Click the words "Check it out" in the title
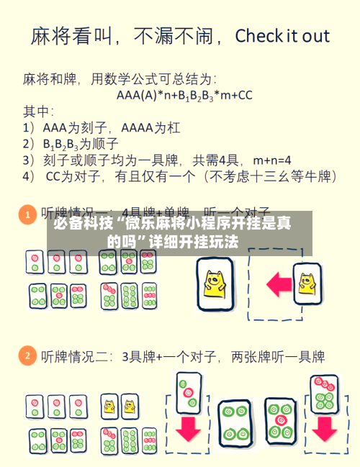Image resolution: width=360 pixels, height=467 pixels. tap(282, 36)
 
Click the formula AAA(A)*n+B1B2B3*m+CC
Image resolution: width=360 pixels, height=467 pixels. tap(184, 95)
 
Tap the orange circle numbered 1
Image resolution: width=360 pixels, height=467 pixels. tap(27, 214)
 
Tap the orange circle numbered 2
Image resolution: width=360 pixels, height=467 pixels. tap(27, 355)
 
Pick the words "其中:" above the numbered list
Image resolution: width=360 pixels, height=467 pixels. tap(37, 112)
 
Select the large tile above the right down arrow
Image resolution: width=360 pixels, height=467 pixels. tap(324, 394)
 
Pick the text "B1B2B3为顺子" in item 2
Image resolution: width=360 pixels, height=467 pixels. tap(74, 143)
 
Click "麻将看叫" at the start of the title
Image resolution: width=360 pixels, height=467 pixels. tap(68, 36)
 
